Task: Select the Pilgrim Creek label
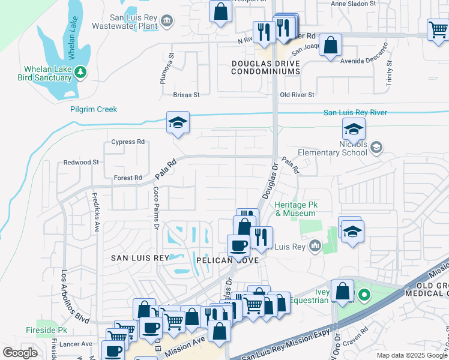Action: click(x=93, y=109)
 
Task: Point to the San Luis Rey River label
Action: click(x=355, y=112)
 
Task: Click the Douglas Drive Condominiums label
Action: click(x=266, y=67)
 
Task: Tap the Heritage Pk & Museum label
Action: click(x=295, y=209)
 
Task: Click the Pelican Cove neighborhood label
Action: click(x=227, y=260)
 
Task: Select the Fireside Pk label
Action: click(x=46, y=331)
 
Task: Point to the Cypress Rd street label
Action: click(x=128, y=142)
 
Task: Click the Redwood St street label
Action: click(x=81, y=163)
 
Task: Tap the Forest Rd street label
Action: click(x=128, y=178)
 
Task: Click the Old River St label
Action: click(x=298, y=95)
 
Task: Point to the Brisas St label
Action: click(x=185, y=95)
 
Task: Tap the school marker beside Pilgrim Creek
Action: click(x=178, y=123)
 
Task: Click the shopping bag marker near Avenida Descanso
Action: click(x=330, y=45)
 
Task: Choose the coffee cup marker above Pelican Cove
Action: click(x=238, y=245)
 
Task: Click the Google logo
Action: click(x=20, y=353)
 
